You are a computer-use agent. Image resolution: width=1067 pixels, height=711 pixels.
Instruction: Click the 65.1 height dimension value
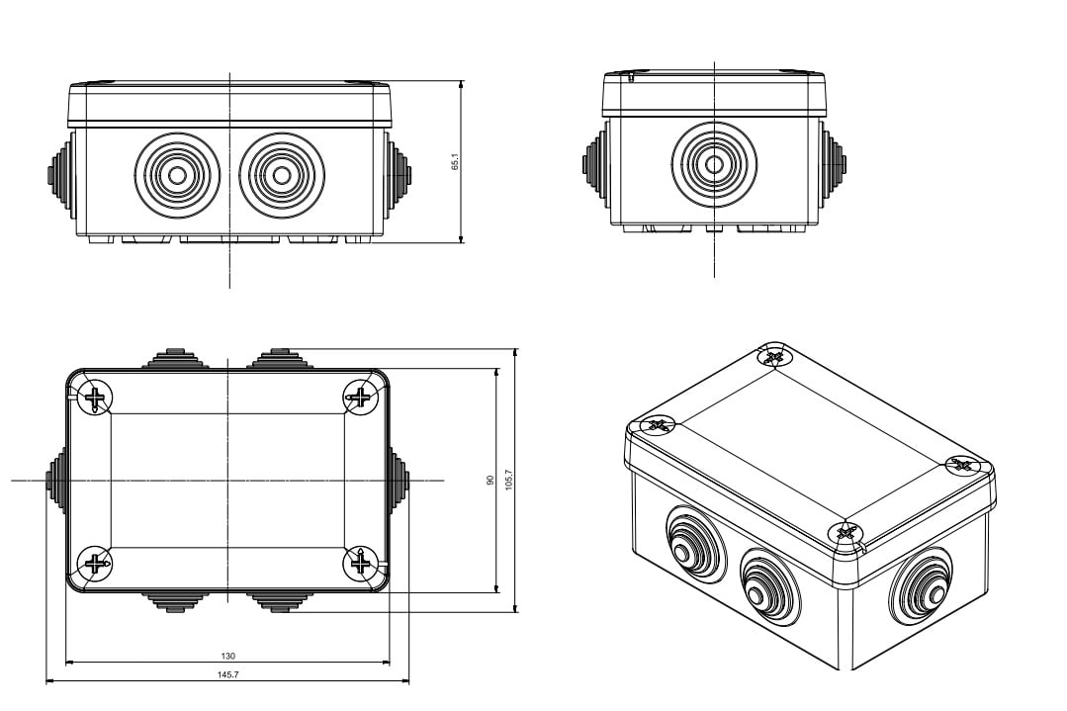(x=454, y=161)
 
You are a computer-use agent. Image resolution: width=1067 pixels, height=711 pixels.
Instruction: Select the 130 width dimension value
(x=228, y=656)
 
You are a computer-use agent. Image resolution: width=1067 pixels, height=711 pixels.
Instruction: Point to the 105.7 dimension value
(x=508, y=480)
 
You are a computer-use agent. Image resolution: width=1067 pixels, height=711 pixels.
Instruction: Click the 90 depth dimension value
(x=489, y=480)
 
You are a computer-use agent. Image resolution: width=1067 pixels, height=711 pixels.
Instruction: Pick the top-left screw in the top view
(x=96, y=399)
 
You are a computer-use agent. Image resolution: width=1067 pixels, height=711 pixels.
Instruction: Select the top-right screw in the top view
(x=360, y=398)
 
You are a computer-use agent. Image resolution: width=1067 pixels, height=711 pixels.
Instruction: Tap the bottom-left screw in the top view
(x=95, y=564)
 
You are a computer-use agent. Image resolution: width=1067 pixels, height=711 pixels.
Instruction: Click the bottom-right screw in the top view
(x=360, y=564)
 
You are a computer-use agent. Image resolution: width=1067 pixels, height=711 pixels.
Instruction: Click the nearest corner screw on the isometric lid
(x=845, y=532)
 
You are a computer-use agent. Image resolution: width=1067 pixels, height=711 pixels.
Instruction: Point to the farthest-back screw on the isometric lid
(x=774, y=356)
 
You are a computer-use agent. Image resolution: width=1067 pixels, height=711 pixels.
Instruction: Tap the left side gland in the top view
(x=57, y=480)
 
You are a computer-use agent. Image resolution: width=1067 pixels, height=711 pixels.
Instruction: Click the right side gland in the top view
(x=399, y=480)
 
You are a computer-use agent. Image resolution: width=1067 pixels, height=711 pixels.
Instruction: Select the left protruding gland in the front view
(x=57, y=176)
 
